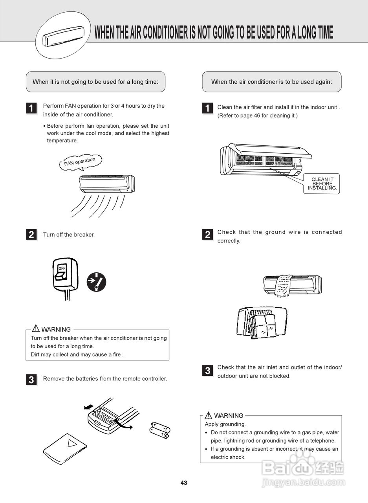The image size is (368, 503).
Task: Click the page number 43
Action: tap(184, 483)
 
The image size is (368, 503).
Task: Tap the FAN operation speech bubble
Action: tap(80, 162)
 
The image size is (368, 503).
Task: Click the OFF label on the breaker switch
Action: tap(62, 268)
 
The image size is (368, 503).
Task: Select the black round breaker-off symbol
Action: tap(96, 281)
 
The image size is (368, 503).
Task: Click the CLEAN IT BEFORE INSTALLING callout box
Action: tap(322, 184)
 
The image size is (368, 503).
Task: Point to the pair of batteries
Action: tap(160, 430)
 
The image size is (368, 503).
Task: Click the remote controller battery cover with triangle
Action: tap(65, 447)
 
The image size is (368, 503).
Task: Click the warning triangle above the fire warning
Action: tap(36, 329)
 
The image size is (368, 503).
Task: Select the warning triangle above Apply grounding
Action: tap(209, 415)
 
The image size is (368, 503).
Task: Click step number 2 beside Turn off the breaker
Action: tap(31, 235)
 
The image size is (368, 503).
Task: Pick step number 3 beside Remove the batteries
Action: tap(31, 380)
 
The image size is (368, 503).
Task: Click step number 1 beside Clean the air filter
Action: tap(207, 108)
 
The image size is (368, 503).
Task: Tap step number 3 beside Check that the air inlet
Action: tap(207, 371)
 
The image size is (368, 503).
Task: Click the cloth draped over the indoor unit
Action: tap(284, 286)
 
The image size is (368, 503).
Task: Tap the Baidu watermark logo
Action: tap(302, 468)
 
